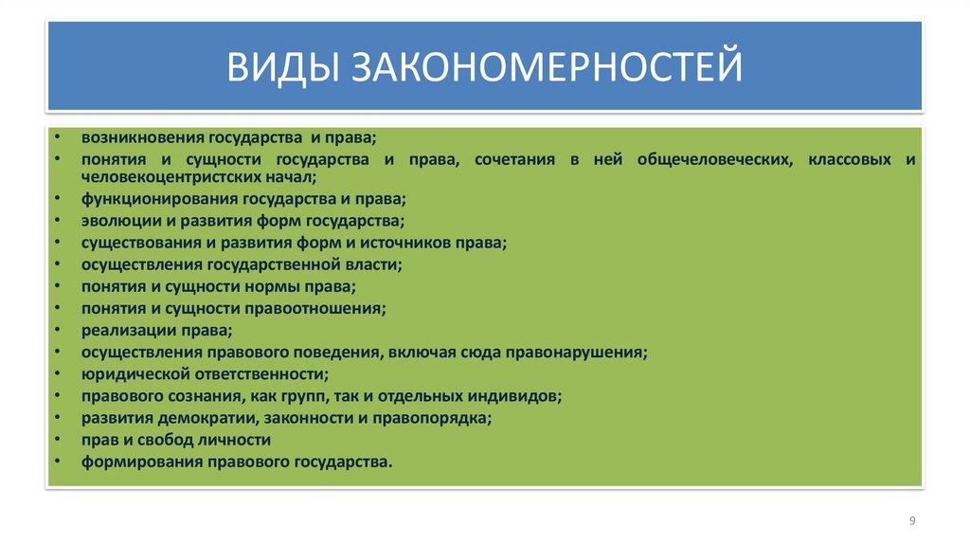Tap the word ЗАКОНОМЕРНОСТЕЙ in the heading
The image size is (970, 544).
tap(548, 67)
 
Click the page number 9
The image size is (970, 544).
tap(911, 521)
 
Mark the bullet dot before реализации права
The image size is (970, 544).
tap(59, 331)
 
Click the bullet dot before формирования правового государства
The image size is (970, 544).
tap(59, 462)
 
